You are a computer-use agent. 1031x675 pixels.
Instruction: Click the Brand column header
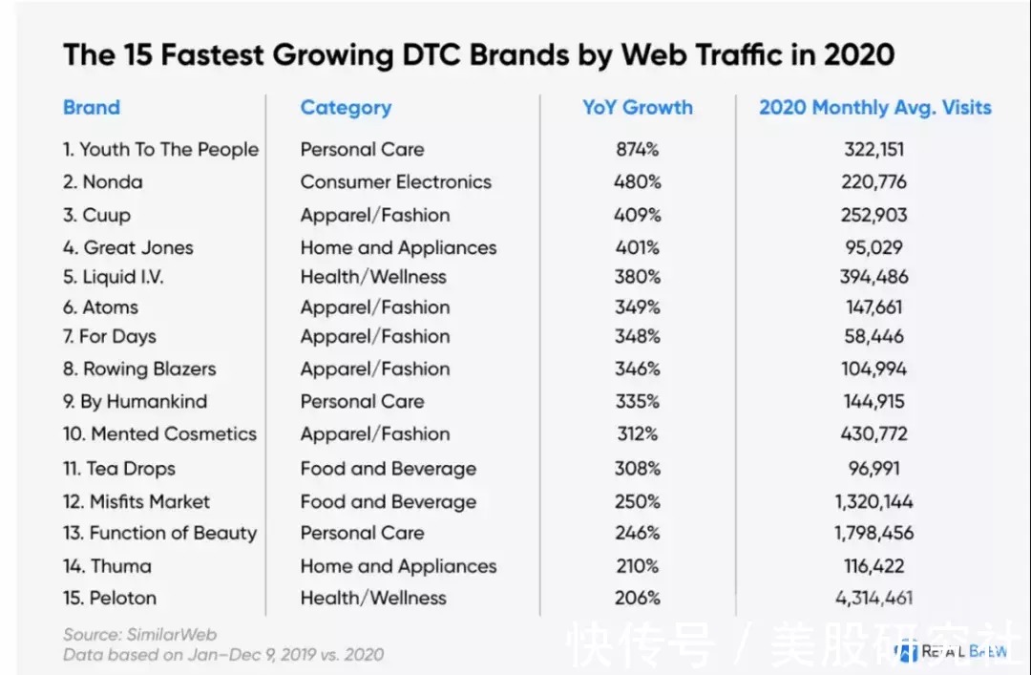92,107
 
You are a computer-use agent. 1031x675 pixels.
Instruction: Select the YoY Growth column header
637,107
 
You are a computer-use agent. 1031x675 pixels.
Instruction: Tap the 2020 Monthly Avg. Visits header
874,107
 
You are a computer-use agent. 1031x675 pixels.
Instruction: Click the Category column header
346,108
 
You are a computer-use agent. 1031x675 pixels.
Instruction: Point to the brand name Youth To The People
169,149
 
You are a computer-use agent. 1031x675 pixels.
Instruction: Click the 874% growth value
637,149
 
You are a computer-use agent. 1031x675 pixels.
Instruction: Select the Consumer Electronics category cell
396,181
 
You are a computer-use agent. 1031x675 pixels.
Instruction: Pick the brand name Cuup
107,216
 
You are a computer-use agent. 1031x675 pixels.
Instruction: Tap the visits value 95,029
873,247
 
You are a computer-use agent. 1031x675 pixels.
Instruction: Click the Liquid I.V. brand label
123,277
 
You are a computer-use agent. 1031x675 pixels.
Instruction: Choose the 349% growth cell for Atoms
637,307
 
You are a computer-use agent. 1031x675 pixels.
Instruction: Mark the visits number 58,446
873,336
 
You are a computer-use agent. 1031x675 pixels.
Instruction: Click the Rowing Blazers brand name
149,369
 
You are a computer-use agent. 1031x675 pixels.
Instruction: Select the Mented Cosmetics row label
174,434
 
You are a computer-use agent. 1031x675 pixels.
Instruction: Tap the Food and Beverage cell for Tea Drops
389,469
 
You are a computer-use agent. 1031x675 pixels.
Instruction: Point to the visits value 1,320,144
873,502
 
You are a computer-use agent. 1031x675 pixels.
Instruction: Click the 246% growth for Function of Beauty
637,533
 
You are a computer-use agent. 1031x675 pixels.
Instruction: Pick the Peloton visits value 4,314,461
873,598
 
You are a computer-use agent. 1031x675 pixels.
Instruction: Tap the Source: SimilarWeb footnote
140,634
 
